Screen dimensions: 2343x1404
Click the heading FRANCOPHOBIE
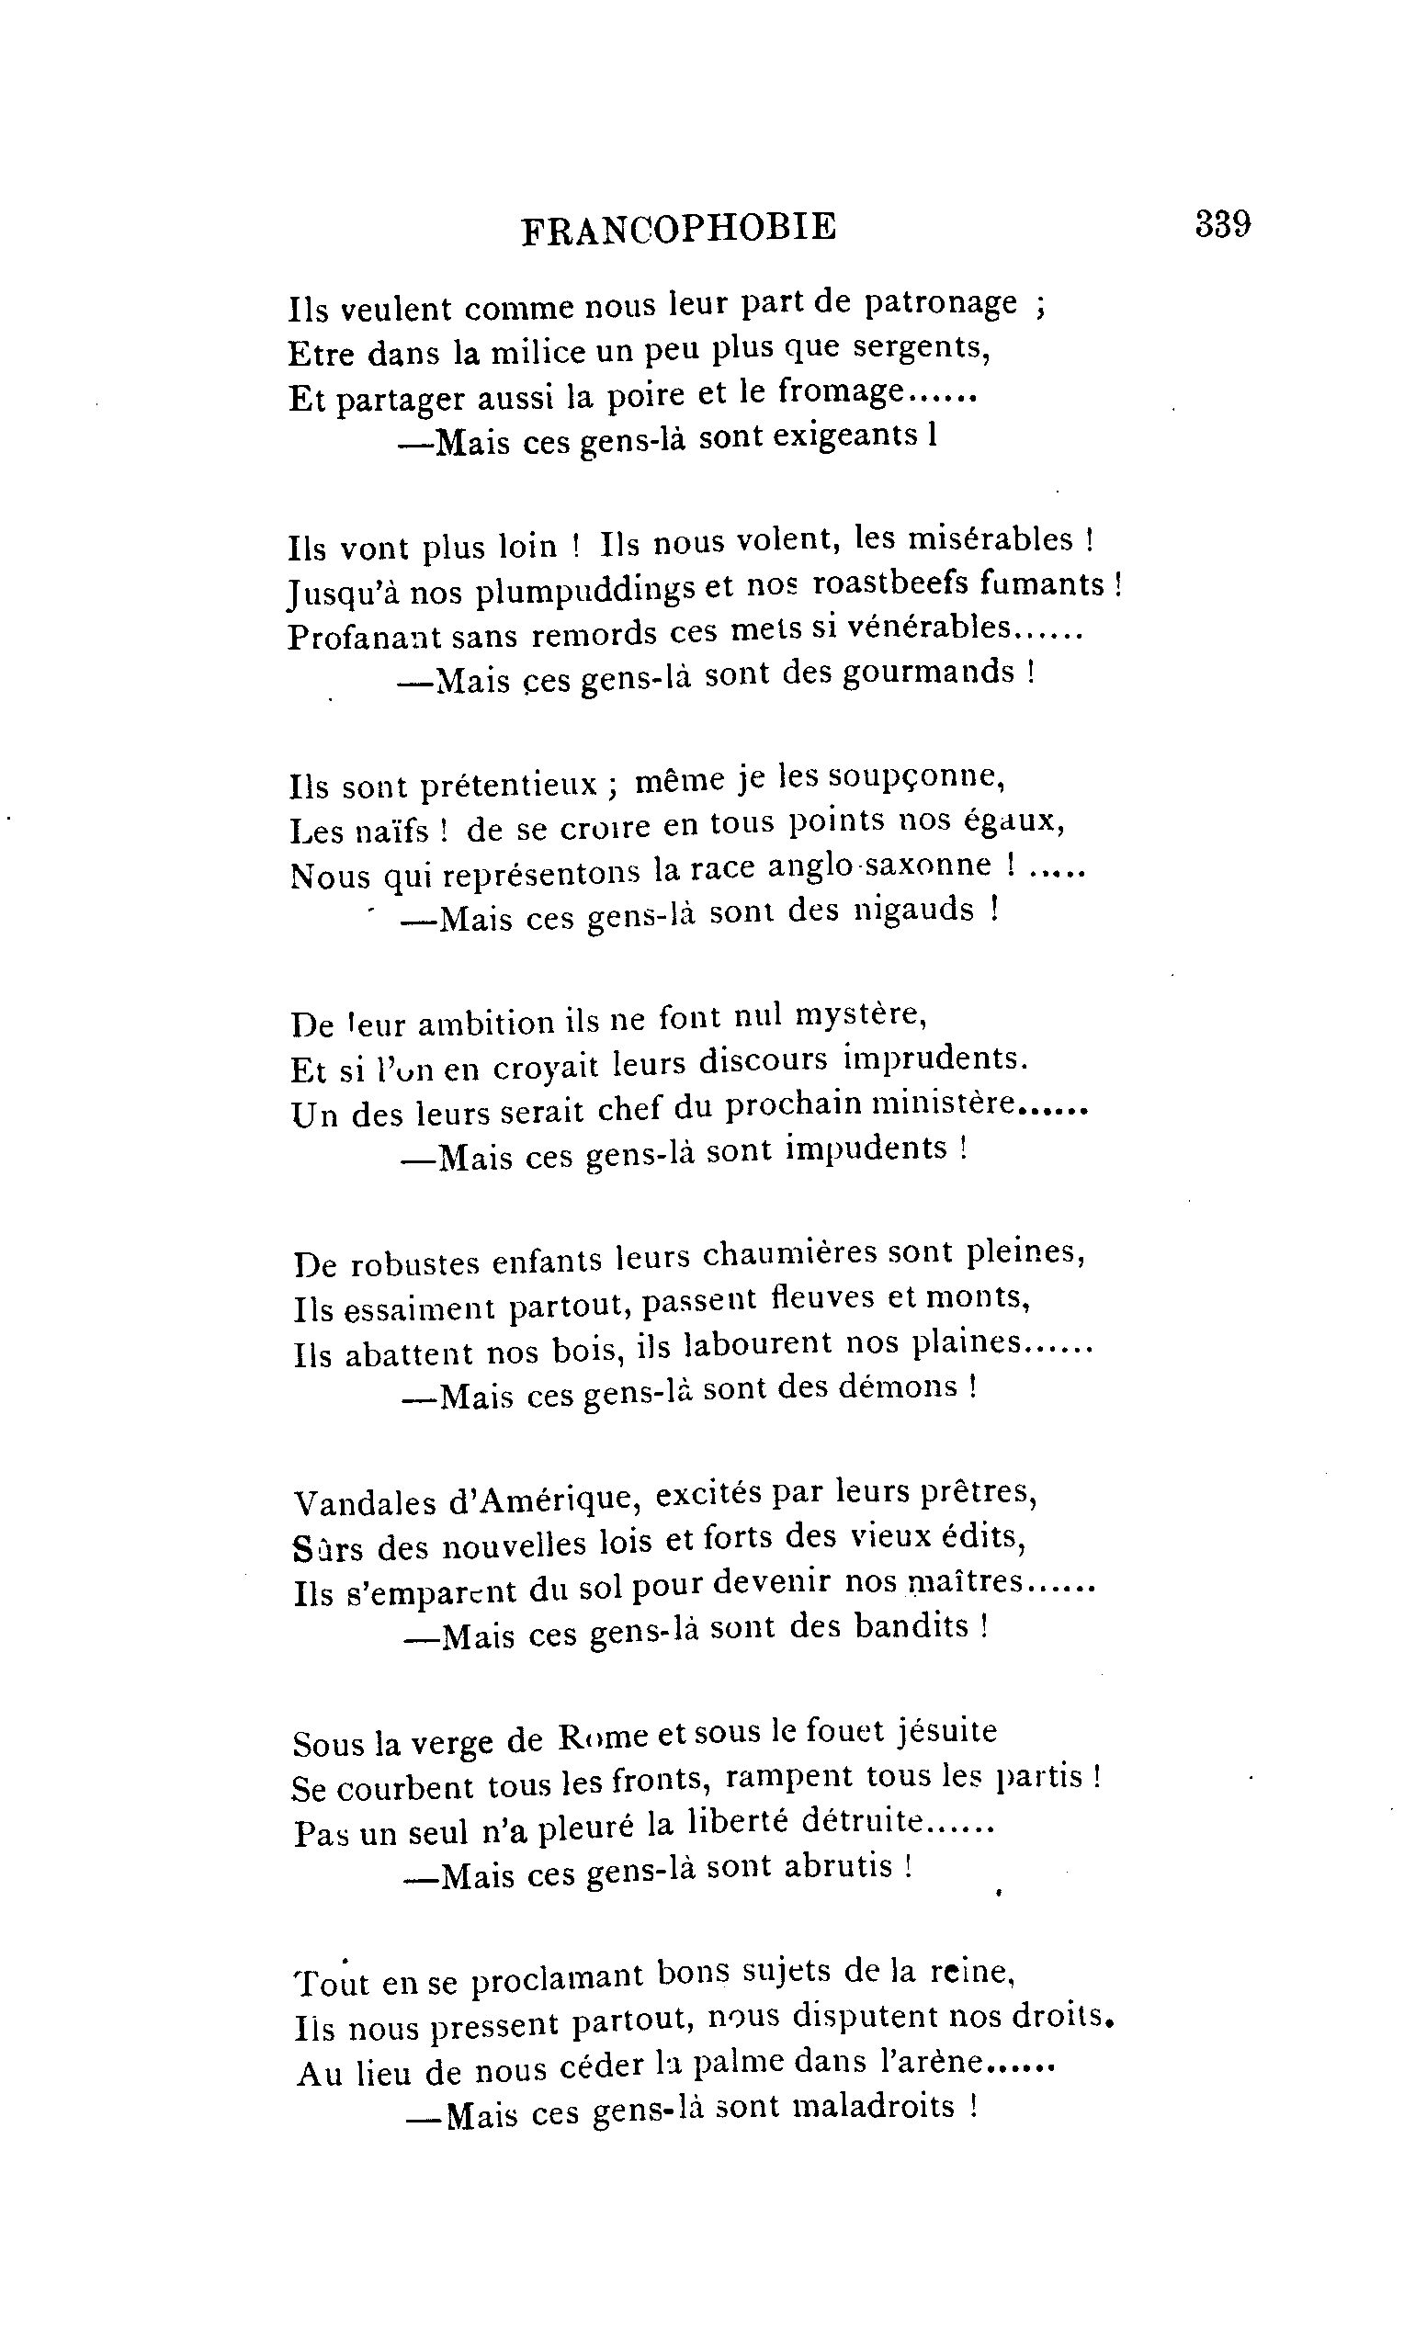(x=678, y=228)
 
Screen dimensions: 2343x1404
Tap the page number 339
(x=1222, y=224)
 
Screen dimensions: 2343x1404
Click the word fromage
(x=840, y=392)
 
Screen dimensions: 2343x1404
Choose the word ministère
(x=944, y=1104)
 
